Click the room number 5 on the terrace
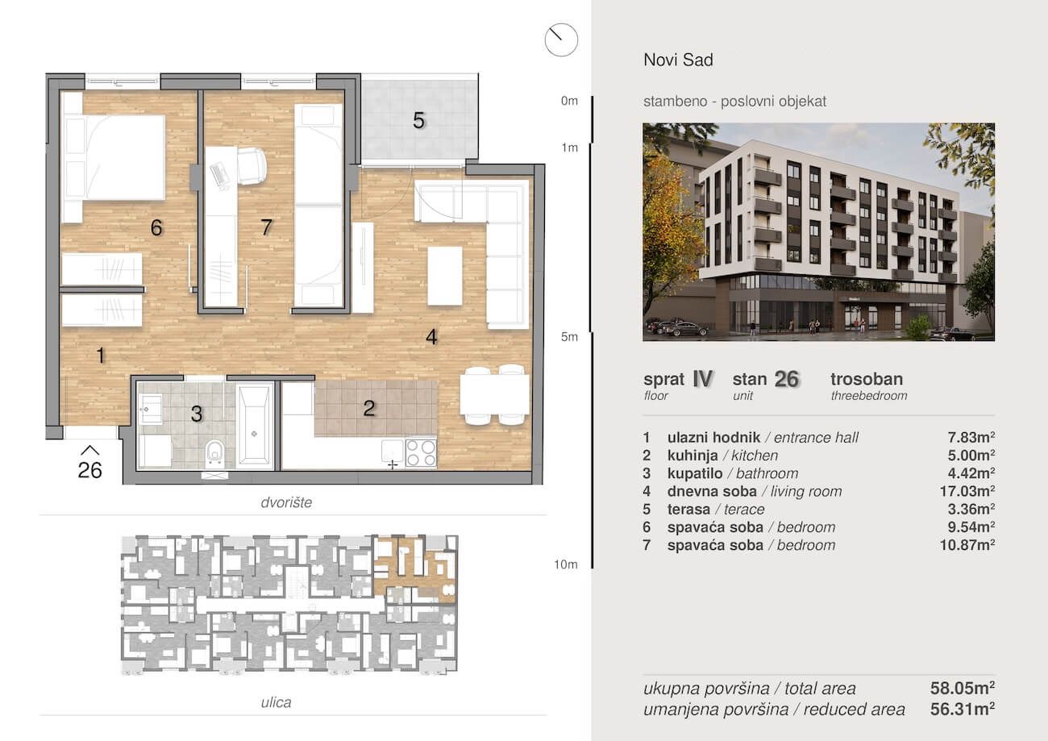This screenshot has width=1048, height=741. [418, 121]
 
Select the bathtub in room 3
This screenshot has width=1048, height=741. [255, 426]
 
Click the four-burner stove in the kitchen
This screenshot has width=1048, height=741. [421, 452]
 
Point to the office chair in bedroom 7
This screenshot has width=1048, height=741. [252, 166]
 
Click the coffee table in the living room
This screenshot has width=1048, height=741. [445, 276]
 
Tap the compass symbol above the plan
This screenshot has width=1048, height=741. [561, 40]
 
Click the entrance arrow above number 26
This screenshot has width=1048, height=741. [89, 450]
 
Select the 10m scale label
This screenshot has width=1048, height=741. [566, 564]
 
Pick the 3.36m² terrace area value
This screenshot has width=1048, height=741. [971, 509]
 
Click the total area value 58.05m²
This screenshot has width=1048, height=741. [963, 688]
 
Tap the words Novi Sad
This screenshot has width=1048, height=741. [679, 60]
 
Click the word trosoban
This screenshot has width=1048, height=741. [867, 379]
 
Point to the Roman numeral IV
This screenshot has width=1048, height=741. [702, 378]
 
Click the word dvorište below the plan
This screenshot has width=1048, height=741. [286, 502]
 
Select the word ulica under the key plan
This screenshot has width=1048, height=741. [276, 702]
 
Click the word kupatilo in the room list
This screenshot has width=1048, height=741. [695, 473]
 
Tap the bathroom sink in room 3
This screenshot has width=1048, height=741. [150, 408]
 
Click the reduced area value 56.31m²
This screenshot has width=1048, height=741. [963, 710]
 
